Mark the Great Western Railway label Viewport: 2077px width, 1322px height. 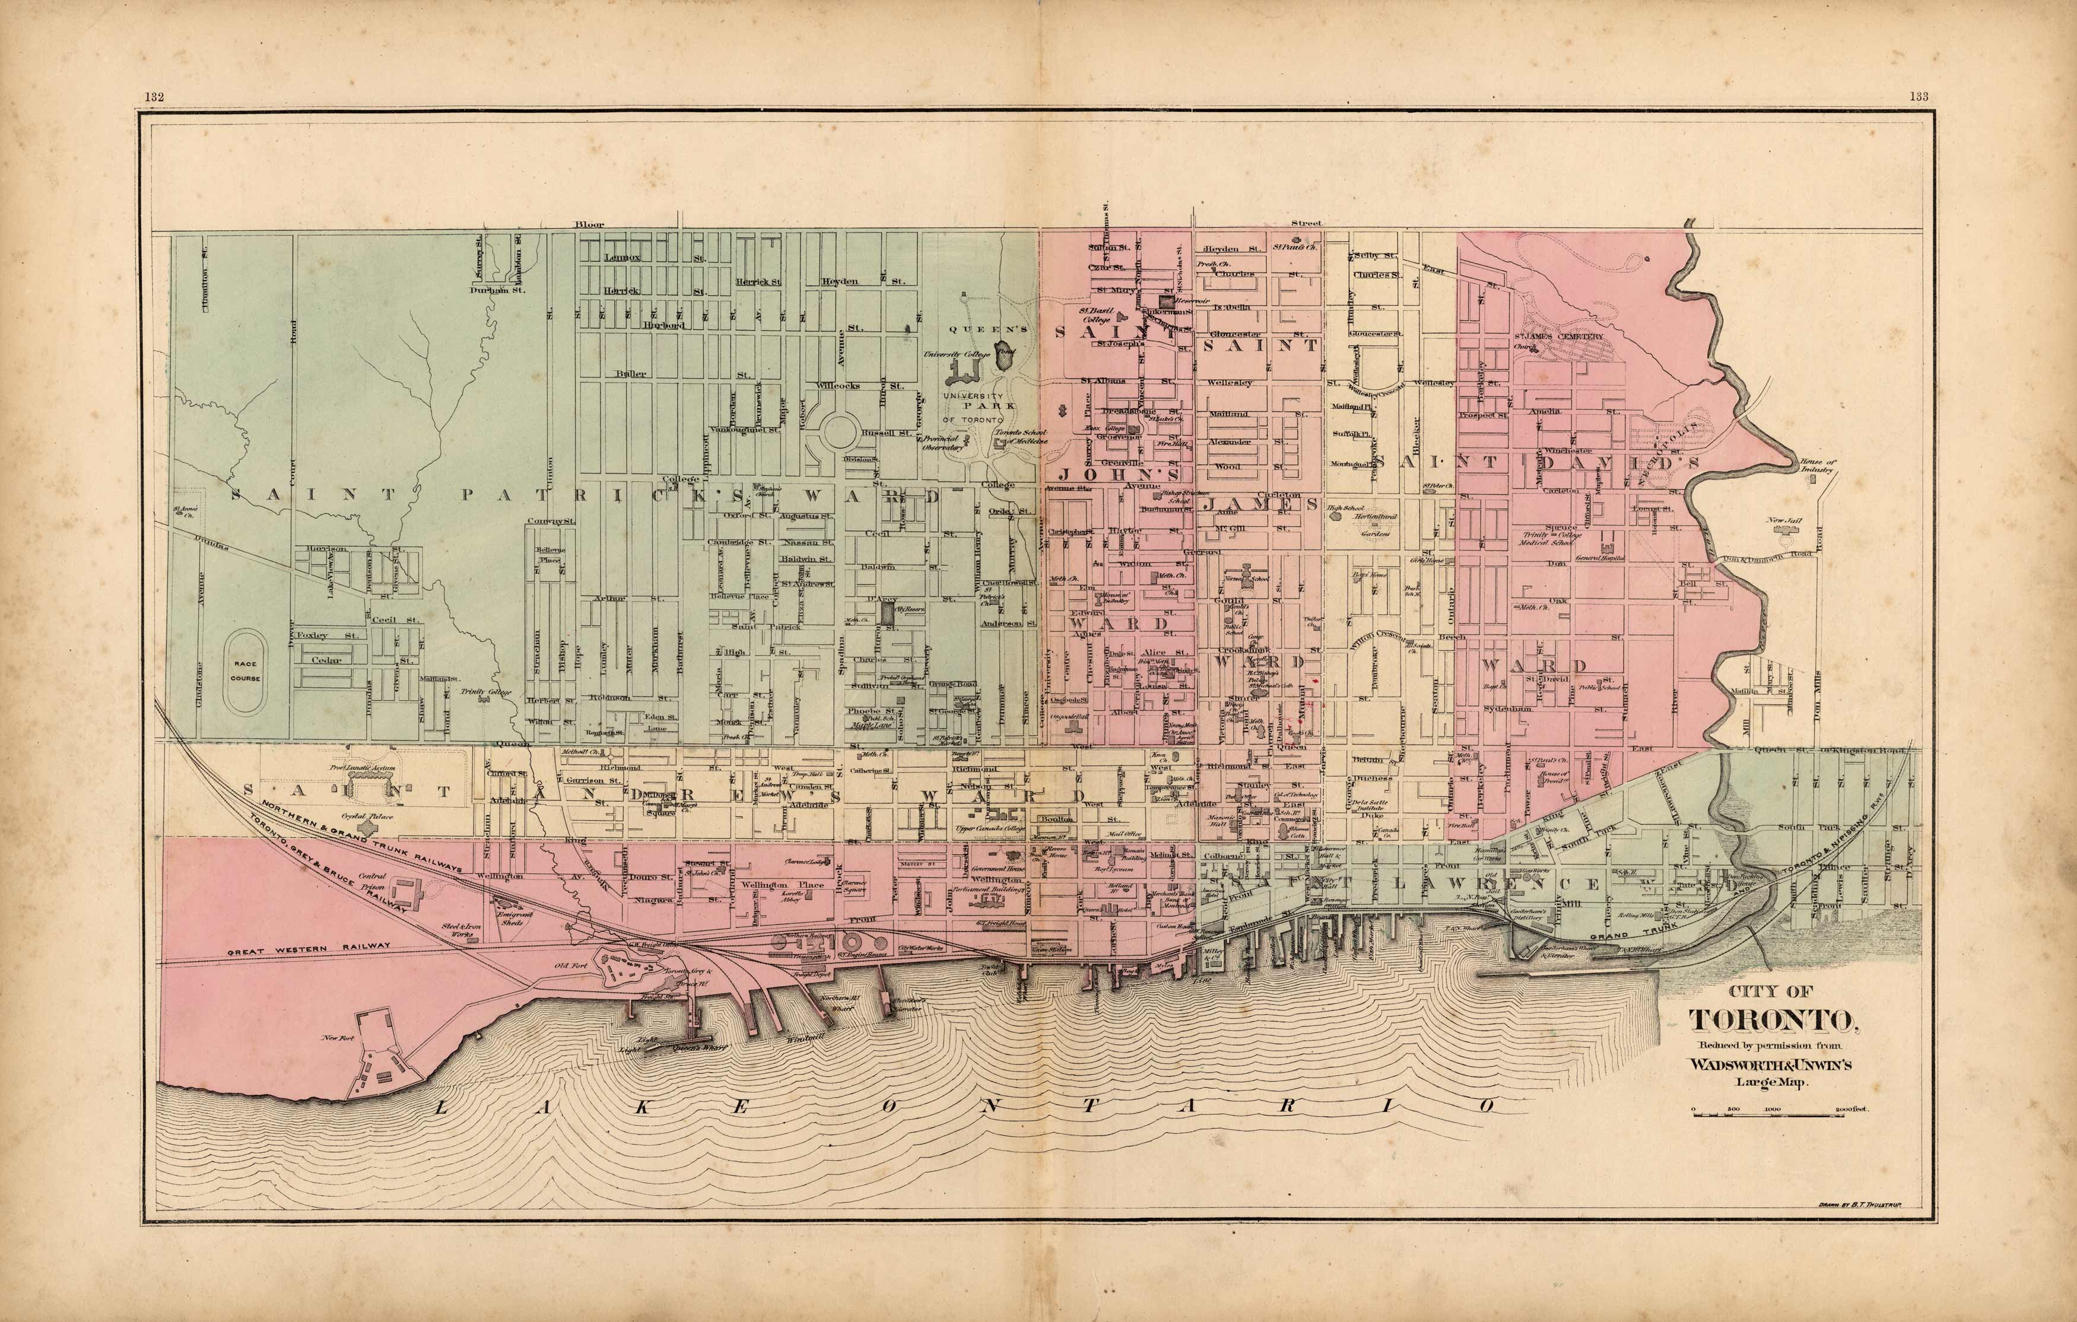310,946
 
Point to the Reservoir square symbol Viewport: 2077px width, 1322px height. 1166,303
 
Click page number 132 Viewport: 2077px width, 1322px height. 155,97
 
